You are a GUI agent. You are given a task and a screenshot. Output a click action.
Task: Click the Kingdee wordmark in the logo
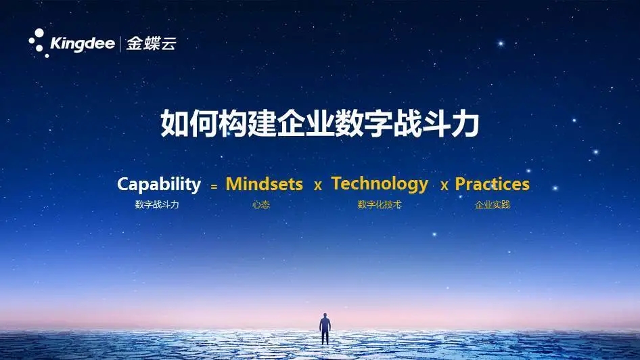click(x=83, y=44)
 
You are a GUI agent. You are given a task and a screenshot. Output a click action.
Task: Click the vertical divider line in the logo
click(x=120, y=44)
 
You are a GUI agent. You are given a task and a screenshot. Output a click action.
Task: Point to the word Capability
click(x=159, y=185)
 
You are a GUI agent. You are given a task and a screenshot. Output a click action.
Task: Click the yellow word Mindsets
click(x=264, y=184)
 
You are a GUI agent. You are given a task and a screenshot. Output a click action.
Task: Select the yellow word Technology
click(x=380, y=185)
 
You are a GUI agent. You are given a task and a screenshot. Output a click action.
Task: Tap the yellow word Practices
click(x=493, y=184)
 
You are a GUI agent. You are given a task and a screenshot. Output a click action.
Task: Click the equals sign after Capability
click(x=214, y=187)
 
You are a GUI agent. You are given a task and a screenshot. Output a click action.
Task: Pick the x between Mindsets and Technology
click(x=318, y=186)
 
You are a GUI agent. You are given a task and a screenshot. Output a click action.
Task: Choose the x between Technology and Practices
click(x=444, y=186)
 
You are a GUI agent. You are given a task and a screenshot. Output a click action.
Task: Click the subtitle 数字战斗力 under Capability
click(x=157, y=204)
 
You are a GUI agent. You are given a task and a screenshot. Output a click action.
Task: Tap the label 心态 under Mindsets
click(x=261, y=204)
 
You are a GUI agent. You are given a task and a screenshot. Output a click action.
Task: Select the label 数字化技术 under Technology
click(x=380, y=204)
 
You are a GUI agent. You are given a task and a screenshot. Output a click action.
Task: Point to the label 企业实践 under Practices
click(x=493, y=204)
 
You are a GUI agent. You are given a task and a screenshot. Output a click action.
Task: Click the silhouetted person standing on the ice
click(x=325, y=329)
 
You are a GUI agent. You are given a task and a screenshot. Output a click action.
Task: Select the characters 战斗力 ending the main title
click(x=436, y=123)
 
